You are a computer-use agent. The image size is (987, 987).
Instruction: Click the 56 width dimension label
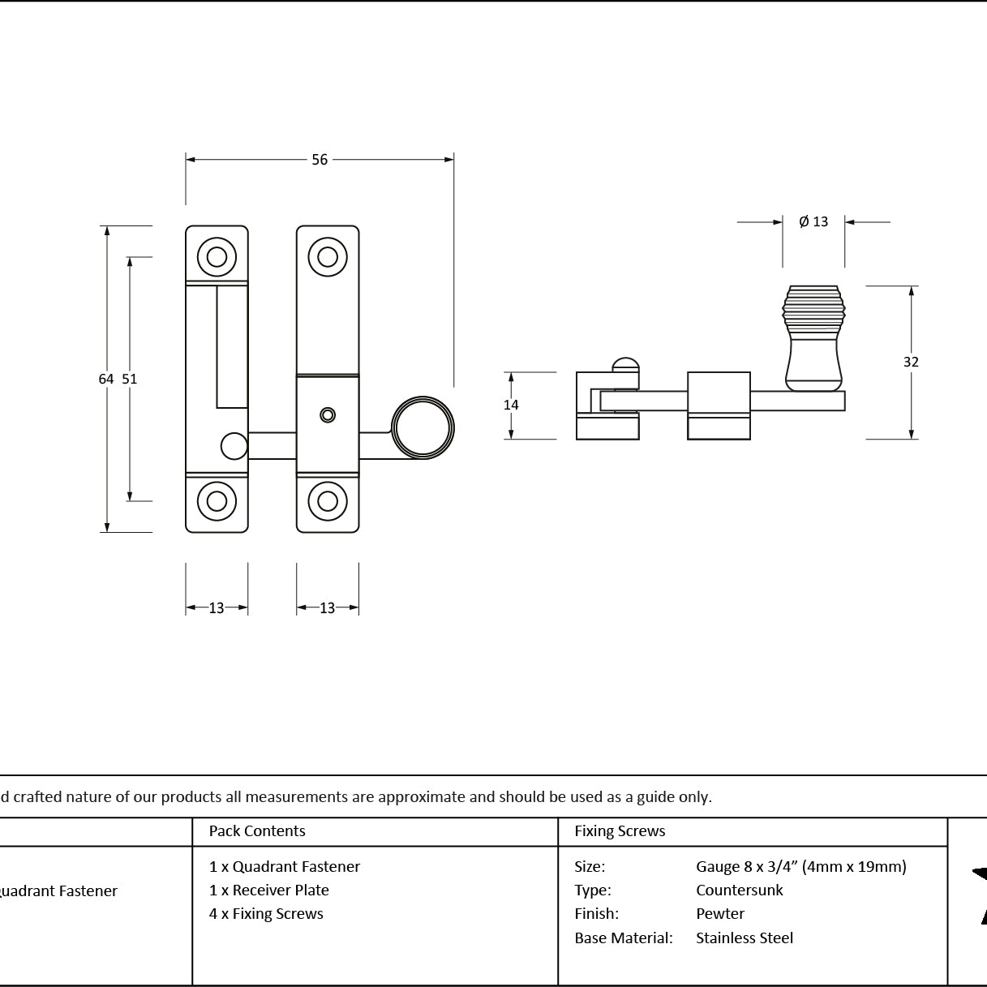click(x=320, y=160)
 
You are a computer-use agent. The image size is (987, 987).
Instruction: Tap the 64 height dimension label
click(x=106, y=379)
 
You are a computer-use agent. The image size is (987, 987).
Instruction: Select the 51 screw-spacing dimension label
click(x=130, y=379)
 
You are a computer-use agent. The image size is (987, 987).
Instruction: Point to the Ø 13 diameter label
click(x=813, y=221)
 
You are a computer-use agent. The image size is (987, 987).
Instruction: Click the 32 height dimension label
click(x=911, y=363)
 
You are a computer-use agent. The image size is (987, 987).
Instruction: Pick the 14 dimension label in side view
click(x=511, y=406)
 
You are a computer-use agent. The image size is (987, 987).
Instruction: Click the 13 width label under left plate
click(x=217, y=608)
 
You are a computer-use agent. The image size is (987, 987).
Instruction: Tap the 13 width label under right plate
click(x=328, y=608)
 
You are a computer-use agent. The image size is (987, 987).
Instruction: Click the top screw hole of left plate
click(x=217, y=257)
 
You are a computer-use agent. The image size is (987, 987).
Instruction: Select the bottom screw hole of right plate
click(x=328, y=501)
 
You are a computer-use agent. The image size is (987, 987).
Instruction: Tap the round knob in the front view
click(x=423, y=427)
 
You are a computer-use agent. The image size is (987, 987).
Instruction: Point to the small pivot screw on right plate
click(x=328, y=415)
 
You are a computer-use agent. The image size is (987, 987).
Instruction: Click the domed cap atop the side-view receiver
click(x=625, y=365)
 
